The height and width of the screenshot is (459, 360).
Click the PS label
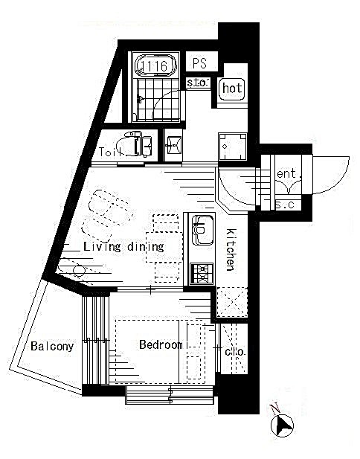coord(199,63)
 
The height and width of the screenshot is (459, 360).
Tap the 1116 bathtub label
coord(155,66)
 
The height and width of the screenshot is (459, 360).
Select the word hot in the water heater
coord(232,88)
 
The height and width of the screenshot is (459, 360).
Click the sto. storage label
coord(197,83)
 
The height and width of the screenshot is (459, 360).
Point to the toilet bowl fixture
coord(135,144)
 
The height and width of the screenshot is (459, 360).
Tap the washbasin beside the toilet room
coord(173,145)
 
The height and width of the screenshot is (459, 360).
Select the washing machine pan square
coord(233,146)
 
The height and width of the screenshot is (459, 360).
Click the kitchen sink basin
coord(202,230)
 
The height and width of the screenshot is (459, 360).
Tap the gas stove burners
coord(202,274)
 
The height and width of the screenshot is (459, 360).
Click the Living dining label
coord(123,247)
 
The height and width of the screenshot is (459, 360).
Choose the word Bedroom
coord(161,344)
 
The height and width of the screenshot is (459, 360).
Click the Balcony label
coord(52,347)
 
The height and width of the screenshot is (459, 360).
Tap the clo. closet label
coord(235,351)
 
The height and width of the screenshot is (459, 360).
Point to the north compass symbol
coord(282,425)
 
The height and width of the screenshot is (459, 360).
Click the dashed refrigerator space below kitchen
coord(232,302)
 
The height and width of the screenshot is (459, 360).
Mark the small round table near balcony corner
coord(79,271)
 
